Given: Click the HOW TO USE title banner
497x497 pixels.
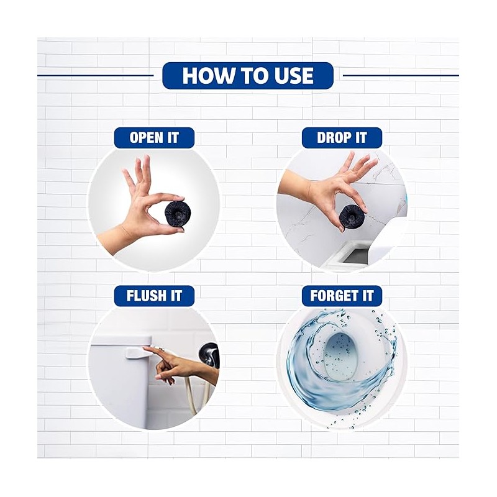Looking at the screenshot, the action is point(248,75).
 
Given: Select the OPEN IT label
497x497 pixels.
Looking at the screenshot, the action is point(154,137).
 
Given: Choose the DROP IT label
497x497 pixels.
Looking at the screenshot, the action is point(342,137).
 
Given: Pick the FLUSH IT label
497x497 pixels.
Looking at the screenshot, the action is point(154,296).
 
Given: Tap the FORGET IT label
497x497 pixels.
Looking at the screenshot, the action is point(342,296).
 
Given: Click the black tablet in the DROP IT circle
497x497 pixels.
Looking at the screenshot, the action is point(351,215).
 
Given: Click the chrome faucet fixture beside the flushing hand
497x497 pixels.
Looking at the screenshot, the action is point(207,355).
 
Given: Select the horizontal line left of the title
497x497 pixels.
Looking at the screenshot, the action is point(95,75).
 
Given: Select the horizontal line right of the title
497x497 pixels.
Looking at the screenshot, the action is point(401,75).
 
